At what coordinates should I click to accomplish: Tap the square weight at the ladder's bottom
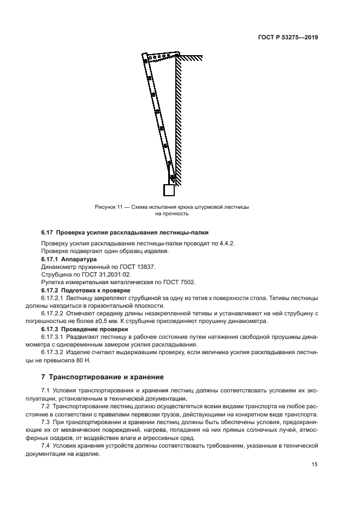(169, 190)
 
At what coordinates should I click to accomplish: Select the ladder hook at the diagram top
(161, 56)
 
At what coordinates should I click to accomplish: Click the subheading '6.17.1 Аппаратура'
(69, 259)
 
